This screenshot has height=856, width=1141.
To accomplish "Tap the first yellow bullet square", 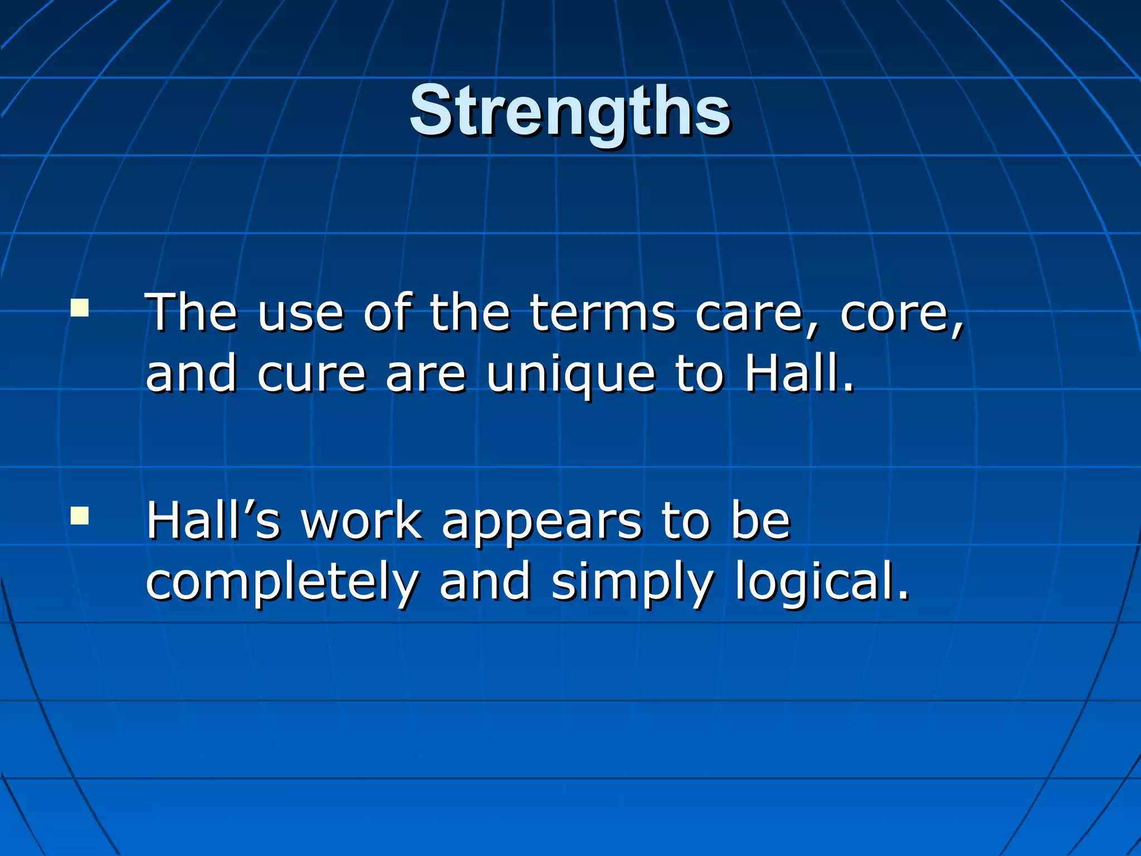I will click(x=80, y=308).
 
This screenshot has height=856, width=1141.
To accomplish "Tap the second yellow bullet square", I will click(x=80, y=516).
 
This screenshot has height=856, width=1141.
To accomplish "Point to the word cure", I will click(x=311, y=374).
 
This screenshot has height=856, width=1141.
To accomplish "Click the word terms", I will click(x=602, y=313).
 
